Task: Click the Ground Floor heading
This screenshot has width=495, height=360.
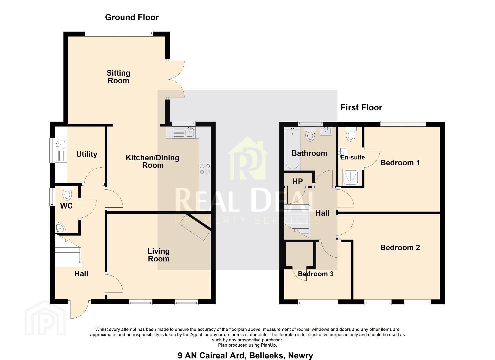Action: tap(132, 17)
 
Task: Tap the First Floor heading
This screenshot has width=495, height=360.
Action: tap(361, 107)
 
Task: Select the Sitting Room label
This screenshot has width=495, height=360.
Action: tap(118, 77)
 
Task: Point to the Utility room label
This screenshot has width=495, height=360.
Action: tap(87, 154)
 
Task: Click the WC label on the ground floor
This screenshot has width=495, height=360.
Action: tap(66, 206)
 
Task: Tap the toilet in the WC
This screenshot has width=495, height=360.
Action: tap(67, 193)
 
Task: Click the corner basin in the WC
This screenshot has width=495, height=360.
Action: tap(60, 228)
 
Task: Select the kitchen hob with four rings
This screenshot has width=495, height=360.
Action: tap(205, 169)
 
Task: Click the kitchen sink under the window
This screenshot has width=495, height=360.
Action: tap(184, 132)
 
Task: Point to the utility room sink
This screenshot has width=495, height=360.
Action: tap(60, 150)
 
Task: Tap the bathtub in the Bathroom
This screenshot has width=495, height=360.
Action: tap(292, 149)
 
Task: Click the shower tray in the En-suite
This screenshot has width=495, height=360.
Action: tap(351, 177)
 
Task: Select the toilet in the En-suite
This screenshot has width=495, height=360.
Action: tap(351, 134)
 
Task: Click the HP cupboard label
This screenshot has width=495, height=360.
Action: tap(297, 181)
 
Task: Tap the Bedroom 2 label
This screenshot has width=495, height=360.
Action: tap(400, 248)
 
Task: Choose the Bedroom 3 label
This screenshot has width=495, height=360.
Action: tap(316, 274)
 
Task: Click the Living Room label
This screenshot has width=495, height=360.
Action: tap(159, 255)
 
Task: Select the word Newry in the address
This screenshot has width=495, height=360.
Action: tap(301, 355)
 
